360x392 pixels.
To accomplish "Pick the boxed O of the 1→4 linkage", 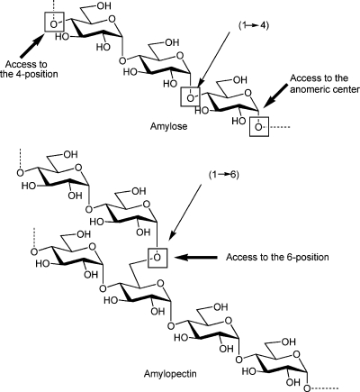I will (190, 96).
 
